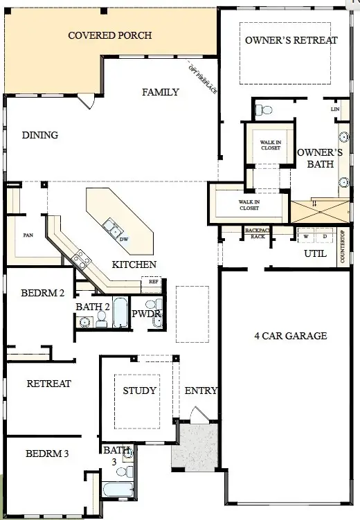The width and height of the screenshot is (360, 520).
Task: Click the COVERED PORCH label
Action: coord(109,35)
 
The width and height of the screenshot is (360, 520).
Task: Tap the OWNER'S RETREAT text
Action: coord(291,40)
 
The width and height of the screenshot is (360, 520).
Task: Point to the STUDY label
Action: coord(139,391)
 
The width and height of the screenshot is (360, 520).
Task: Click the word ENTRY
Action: coord(201,391)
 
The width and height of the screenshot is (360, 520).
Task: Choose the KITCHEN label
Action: coord(134,265)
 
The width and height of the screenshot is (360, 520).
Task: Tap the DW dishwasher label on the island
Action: coord(124,239)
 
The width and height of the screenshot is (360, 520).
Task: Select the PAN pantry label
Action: coord(28,235)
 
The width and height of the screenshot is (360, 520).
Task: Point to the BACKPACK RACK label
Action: coord(258,233)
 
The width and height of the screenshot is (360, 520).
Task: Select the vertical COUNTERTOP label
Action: coord(342,247)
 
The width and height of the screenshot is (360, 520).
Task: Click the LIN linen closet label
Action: coord(335,109)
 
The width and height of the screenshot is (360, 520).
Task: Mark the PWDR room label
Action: coord(146,314)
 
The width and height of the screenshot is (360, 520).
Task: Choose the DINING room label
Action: coord(39,135)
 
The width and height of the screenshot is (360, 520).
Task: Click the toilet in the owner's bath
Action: coord(264,109)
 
